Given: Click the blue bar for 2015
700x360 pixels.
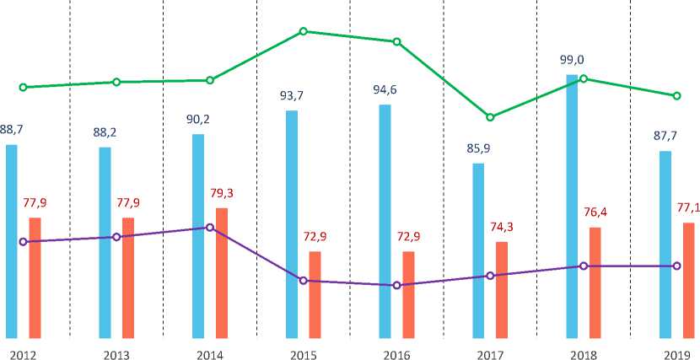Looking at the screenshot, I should [x=292, y=224].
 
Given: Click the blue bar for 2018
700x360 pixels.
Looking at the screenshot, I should [x=572, y=207].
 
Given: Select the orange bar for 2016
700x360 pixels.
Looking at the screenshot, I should [x=408, y=294].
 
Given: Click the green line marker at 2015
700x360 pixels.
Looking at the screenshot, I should [x=303, y=31].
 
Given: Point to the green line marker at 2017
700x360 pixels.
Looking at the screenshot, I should [x=490, y=117].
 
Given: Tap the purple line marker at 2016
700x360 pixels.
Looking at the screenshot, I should [x=396, y=286].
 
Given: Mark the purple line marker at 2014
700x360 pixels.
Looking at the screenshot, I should [x=210, y=228].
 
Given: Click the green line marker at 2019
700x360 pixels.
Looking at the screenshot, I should [x=676, y=96].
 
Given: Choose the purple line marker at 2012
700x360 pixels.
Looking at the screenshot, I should [x=23, y=242].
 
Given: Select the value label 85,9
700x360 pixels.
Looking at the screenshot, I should [x=477, y=149].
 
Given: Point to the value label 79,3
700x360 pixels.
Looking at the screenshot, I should [x=222, y=193].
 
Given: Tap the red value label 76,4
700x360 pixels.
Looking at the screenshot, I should [x=595, y=212].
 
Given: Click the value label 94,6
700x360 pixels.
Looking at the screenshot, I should [x=385, y=90].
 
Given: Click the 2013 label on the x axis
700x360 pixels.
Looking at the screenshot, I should [x=116, y=352].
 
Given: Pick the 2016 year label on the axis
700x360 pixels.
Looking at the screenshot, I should [x=396, y=352].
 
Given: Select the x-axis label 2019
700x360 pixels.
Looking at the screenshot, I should [x=676, y=352].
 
